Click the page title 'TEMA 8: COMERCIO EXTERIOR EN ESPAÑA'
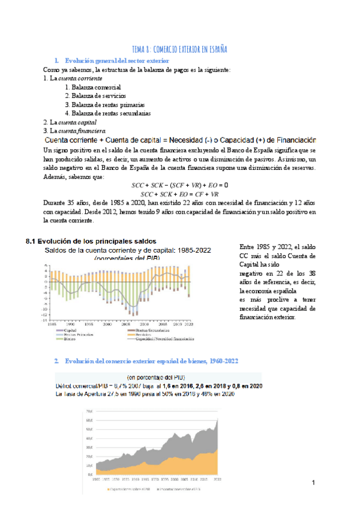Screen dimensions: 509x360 click(x=179, y=49)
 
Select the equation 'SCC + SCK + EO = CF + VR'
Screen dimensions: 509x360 click(x=180, y=194)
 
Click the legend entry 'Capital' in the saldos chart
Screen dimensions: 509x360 click(x=70, y=330)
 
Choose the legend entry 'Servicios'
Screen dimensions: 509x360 click(x=145, y=334)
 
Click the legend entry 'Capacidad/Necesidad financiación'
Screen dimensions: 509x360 click(x=161, y=339)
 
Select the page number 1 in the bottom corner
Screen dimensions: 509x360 click(x=313, y=483)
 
